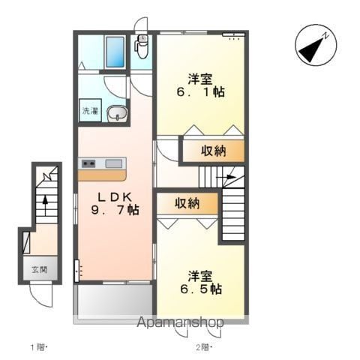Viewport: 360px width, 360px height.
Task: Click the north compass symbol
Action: pos(316,45)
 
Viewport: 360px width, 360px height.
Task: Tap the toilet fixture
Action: pos(142,46)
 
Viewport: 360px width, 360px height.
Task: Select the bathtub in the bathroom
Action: pos(115,52)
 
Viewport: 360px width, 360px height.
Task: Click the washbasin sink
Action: pos(117,113)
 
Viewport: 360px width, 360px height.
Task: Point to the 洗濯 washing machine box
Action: pos(90,110)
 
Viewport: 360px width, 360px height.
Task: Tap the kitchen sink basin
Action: pos(114,163)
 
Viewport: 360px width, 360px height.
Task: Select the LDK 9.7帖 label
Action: pos(115,203)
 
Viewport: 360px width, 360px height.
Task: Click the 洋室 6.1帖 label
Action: pos(201,85)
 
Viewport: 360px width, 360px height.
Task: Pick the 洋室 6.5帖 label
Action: pos(201,282)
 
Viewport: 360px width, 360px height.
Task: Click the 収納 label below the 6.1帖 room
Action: pos(214,151)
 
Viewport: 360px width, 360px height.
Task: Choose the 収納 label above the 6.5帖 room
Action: pos(187,203)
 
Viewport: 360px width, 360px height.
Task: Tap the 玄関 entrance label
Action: pos(40,270)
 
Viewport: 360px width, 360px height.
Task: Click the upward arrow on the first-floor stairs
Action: pos(45,205)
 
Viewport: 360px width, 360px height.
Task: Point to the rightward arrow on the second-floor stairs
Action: pos(226,177)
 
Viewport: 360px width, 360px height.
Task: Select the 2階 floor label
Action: pos(204,347)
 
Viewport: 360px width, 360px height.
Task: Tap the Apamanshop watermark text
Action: pos(180,322)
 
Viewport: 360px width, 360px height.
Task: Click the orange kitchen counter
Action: pos(102,175)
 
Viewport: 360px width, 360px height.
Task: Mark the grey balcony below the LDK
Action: pos(115,301)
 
